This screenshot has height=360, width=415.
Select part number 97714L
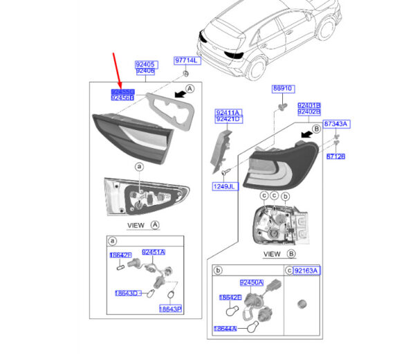tap(185, 61)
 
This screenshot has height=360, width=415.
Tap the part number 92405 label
tap(145, 63)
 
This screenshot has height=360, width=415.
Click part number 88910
tap(282, 89)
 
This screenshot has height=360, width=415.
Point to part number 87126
tap(335, 156)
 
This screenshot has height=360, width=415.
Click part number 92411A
tap(227, 112)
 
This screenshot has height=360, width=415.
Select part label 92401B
tap(308, 105)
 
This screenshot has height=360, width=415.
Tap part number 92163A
tap(305, 271)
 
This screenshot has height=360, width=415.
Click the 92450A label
tap(250, 282)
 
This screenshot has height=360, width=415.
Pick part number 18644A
tap(225, 329)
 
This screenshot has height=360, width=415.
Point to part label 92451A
tap(154, 252)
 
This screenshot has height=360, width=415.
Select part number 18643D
tap(126, 293)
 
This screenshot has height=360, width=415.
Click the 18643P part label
tap(170, 308)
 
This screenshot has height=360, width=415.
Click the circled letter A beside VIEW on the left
tap(155, 225)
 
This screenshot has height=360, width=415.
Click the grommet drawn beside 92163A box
tap(300, 303)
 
